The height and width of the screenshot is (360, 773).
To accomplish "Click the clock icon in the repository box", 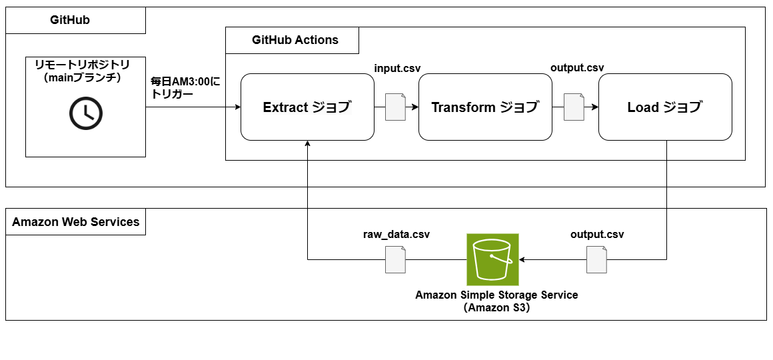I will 85,113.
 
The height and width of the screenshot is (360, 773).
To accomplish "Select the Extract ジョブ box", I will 307,107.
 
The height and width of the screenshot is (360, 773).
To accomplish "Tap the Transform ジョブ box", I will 485,107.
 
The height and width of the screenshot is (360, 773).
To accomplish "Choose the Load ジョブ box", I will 665,107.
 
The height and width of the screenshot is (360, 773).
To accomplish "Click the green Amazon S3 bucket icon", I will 492,259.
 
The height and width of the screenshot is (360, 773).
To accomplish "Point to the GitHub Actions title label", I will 295,40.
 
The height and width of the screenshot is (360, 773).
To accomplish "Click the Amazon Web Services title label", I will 76,222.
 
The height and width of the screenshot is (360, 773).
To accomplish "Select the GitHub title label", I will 70,20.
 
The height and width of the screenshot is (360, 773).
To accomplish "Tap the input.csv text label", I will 397,69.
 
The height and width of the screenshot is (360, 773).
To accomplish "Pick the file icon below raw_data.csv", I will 396,259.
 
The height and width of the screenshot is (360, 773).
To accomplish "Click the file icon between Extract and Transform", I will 395,107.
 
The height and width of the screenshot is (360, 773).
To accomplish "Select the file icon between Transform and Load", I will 574,107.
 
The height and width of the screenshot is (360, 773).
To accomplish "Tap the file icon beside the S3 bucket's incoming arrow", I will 596,259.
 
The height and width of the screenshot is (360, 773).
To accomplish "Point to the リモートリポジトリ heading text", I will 85,65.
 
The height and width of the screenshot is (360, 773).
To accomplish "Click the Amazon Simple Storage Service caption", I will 496,295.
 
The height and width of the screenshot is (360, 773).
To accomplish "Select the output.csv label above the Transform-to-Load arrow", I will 577,69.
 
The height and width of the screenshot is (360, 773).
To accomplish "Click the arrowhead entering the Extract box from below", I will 307,145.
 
